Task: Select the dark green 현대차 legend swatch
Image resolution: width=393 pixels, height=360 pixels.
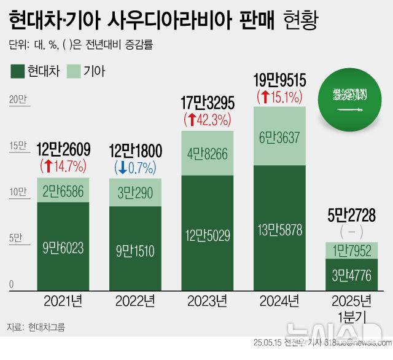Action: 18,71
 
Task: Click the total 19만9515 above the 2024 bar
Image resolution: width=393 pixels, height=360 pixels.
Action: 280,80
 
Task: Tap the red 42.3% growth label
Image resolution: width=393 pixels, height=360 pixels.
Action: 208,118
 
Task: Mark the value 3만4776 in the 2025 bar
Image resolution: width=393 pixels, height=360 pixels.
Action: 352,273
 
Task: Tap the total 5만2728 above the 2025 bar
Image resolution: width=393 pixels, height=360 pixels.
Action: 352,216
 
